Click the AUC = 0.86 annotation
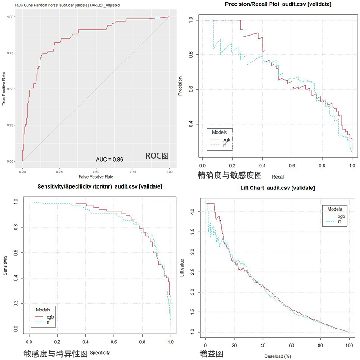click(109, 159)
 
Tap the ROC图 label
click(157, 156)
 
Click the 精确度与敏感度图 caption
click(230, 175)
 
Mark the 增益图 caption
click(211, 354)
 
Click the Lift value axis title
click(182, 267)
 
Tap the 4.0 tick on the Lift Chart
click(193, 210)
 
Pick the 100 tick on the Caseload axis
click(349, 345)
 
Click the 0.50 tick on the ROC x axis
click(96, 171)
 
